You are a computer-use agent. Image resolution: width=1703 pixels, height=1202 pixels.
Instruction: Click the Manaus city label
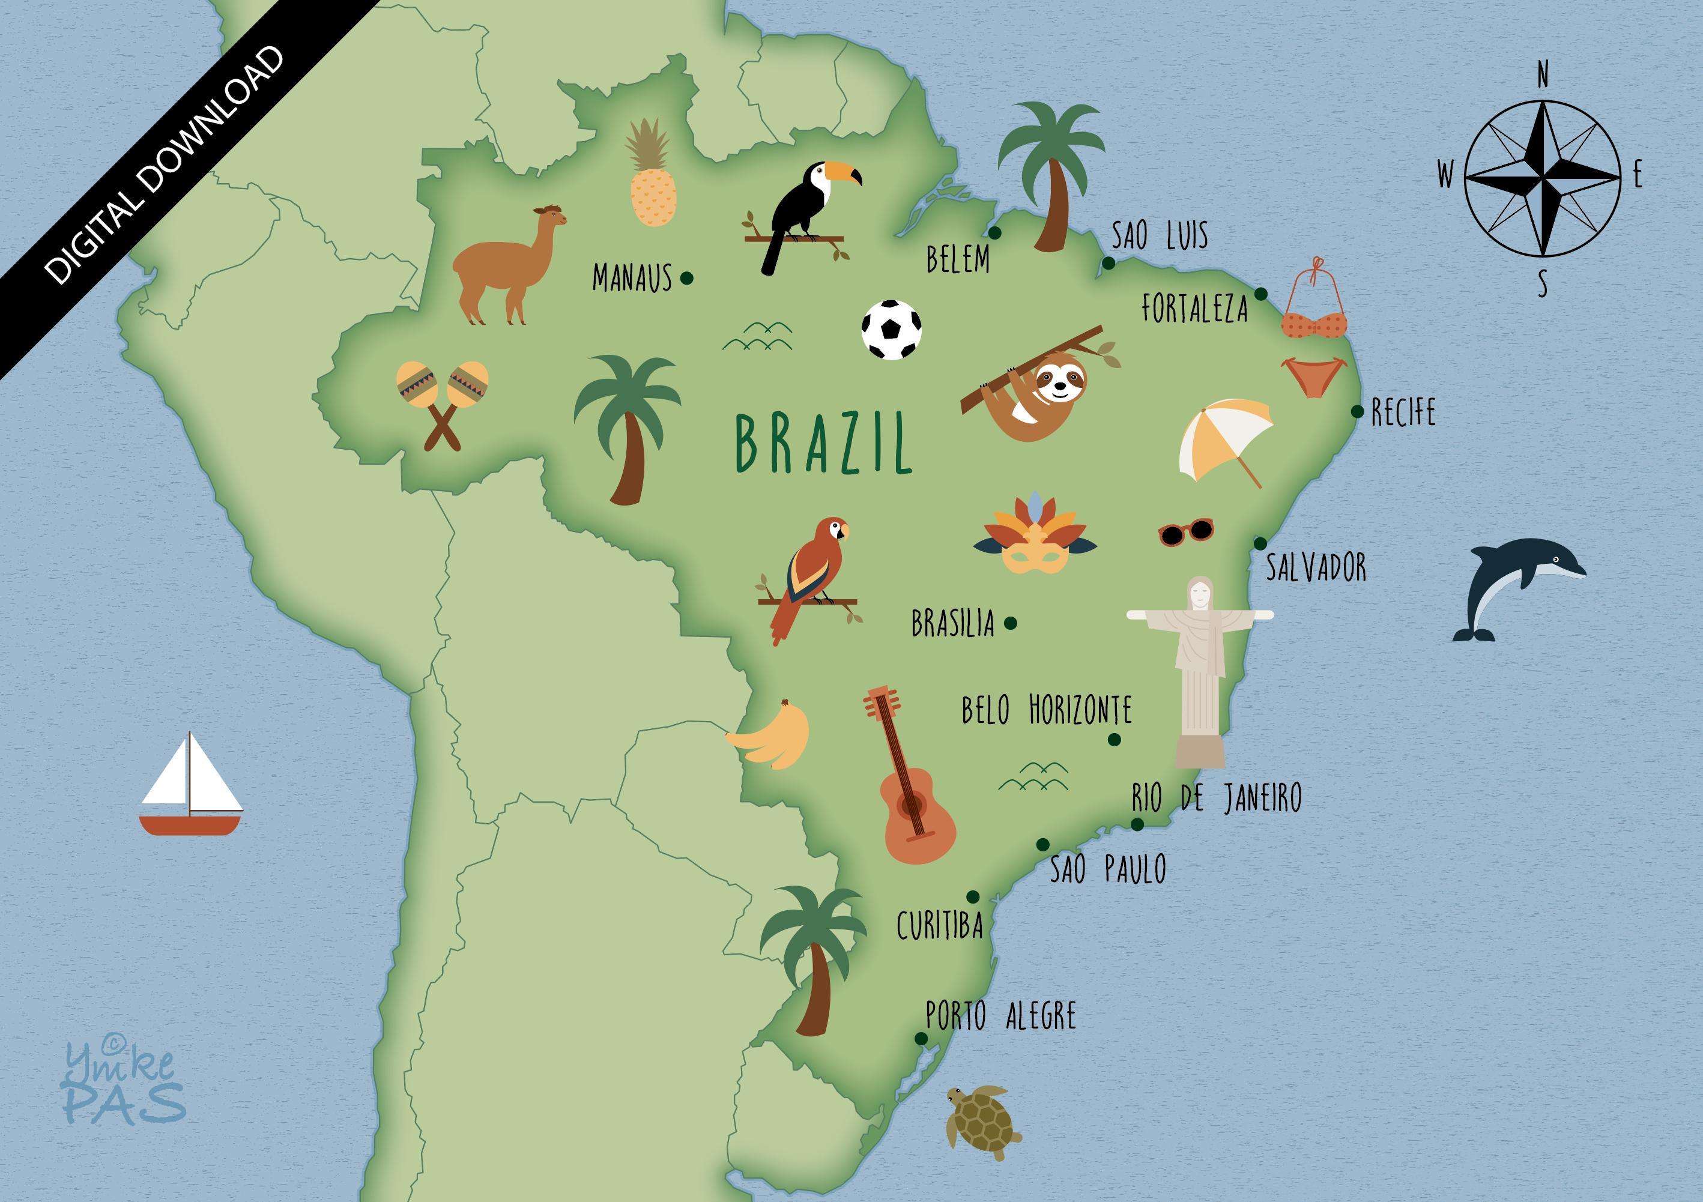tap(632, 279)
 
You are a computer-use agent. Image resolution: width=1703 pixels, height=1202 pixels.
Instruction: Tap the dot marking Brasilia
tap(1010, 624)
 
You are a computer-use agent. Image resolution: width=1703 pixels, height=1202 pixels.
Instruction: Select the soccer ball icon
tap(892, 330)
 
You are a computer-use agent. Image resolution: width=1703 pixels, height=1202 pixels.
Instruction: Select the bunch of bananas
tap(772, 735)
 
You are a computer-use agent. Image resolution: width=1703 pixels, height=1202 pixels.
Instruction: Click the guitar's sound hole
tap(912, 804)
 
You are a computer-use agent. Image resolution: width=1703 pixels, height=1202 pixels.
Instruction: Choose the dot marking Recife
tap(1357, 411)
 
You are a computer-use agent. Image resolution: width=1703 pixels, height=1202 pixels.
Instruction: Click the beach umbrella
tap(1224, 439)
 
